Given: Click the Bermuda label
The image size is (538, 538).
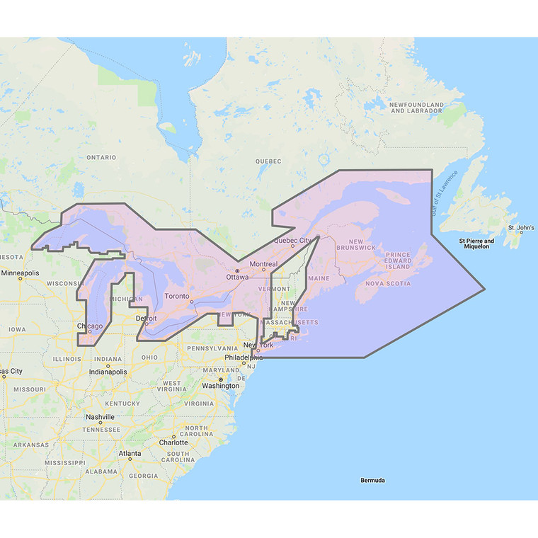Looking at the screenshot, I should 372,481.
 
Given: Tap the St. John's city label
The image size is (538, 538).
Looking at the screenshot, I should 521,228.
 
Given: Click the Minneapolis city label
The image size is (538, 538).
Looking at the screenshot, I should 21,273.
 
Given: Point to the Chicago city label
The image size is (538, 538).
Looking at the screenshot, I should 90,326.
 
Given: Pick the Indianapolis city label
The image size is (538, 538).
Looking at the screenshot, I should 108,372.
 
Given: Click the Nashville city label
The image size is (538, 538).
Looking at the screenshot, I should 100,417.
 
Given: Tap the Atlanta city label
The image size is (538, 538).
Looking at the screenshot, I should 130,453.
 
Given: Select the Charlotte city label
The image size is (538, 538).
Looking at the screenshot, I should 173,442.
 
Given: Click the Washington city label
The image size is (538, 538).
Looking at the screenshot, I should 220,386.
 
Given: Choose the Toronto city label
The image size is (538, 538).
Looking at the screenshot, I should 177,296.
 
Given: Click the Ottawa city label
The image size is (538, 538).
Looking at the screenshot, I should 237,277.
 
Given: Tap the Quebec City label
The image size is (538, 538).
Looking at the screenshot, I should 292,240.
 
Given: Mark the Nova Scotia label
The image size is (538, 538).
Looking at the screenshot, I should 388,283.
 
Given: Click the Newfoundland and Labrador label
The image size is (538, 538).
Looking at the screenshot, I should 417,108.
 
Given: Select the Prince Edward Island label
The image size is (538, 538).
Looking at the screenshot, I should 398,261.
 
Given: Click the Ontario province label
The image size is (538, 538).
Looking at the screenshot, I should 101,158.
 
